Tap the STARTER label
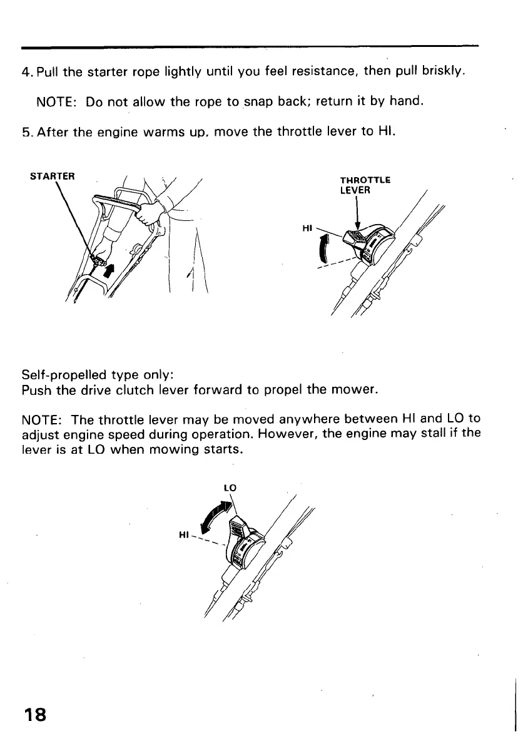52,175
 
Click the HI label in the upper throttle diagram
307,229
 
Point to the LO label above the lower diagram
229,487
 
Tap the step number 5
25,133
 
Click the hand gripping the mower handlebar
148,215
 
